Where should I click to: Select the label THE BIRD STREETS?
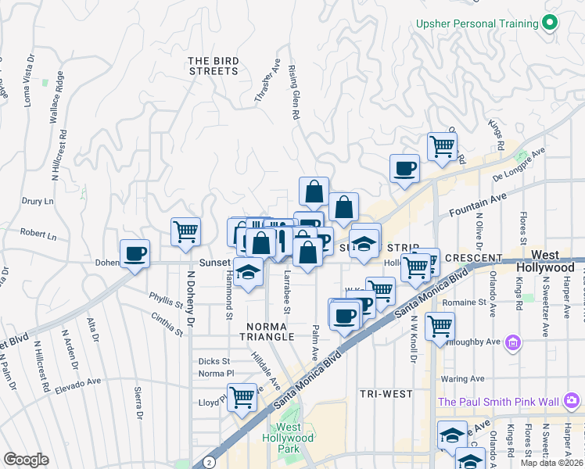point(213,66)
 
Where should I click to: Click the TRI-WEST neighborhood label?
point(383,393)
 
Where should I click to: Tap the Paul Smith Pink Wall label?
point(498,402)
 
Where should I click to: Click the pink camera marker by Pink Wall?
point(572,402)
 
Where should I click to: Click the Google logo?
point(26,460)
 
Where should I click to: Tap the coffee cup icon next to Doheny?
point(135,253)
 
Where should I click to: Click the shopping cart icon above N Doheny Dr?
point(186,231)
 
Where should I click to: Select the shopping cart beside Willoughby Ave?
point(440,324)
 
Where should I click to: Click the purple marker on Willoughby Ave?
point(513,342)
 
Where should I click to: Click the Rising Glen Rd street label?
point(296,92)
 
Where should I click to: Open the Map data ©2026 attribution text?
point(552,463)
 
